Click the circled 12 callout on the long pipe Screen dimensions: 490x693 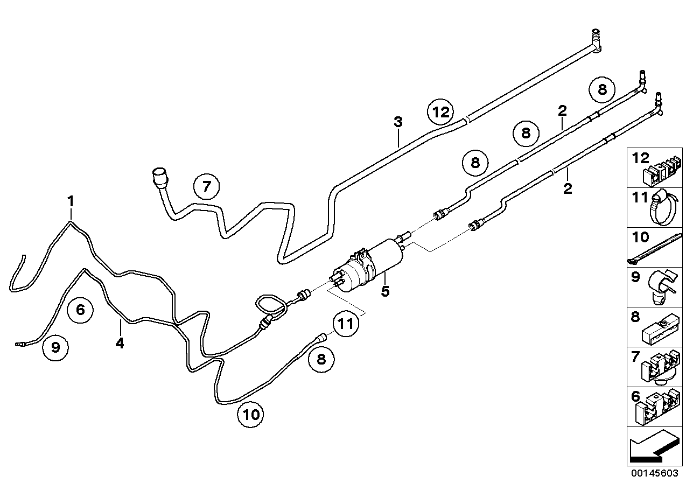point(440,113)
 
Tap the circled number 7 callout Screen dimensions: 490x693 point(207,187)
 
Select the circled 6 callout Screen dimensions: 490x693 point(80,310)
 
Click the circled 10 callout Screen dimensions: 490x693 point(251,414)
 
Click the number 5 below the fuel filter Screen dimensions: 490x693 point(384,291)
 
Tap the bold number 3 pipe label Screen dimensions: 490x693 point(398,122)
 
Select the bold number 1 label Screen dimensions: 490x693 point(70,201)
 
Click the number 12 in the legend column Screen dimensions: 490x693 point(641,158)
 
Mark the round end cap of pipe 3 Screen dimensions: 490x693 point(160,176)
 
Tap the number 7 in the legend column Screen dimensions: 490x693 point(635,356)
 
